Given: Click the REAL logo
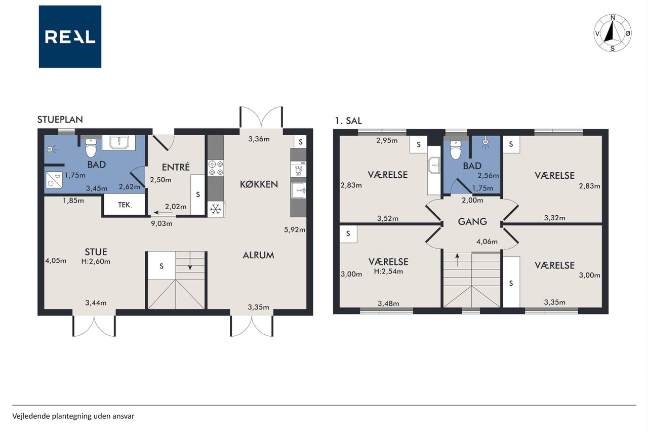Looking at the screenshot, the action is point(70,37).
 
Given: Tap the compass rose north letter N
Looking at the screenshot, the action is point(613,18).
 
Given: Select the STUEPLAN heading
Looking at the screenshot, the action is point(60,120).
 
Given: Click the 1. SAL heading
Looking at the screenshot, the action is point(348,121).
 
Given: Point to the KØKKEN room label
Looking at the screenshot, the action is point(259,184).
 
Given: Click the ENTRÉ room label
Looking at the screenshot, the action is point(176,167).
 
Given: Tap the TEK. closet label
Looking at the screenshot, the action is point(125,205).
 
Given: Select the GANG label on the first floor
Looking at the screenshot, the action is point(472,222).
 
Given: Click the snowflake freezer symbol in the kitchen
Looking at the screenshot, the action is point(216,209).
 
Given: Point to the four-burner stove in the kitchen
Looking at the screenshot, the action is point(216,168).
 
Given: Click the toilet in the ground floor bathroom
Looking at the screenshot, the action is point(91,147).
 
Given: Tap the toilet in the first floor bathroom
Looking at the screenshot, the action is point(456,149).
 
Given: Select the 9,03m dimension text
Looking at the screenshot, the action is point(161,224).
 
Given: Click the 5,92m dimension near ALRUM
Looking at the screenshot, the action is point(295,230).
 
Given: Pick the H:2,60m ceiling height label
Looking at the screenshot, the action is point(96,261).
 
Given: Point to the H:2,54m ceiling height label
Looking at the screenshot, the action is point(388,271).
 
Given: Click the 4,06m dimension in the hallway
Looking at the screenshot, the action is point(487,242).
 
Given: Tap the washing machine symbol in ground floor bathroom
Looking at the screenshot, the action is point(54,180).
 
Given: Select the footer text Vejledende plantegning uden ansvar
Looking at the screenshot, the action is point(73,416).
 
